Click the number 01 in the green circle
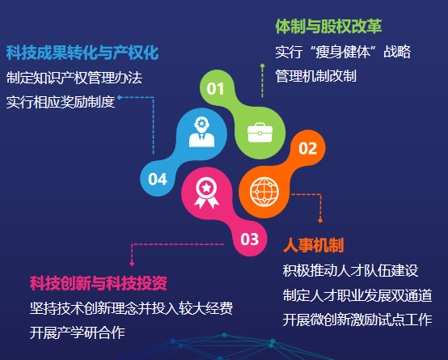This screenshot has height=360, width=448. [215, 89]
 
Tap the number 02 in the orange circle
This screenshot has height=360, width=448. [308, 148]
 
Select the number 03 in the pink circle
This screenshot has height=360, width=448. [249, 239]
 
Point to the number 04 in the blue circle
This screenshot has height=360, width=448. [158, 180]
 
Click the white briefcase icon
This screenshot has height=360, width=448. [260, 133]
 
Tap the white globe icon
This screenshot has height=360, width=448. [264, 192]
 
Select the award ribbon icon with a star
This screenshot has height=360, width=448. [206, 193]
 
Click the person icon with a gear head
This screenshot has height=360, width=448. [201, 132]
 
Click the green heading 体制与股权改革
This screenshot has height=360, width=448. [328, 27]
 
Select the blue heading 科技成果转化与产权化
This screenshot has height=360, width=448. [82, 53]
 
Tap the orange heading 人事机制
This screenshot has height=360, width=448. [314, 245]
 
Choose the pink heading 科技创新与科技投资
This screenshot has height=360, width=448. [99, 283]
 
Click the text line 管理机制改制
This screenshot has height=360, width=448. [316, 76]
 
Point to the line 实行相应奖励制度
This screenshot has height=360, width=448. [61, 102]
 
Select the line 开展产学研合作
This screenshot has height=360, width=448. [77, 332]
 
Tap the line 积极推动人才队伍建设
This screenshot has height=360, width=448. [351, 270]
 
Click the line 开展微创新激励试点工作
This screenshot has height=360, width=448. [357, 320]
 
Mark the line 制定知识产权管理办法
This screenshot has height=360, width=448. [74, 78]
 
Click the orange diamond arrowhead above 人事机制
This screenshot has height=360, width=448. [320, 220]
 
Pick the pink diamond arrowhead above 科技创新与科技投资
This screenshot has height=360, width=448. [132, 264]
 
